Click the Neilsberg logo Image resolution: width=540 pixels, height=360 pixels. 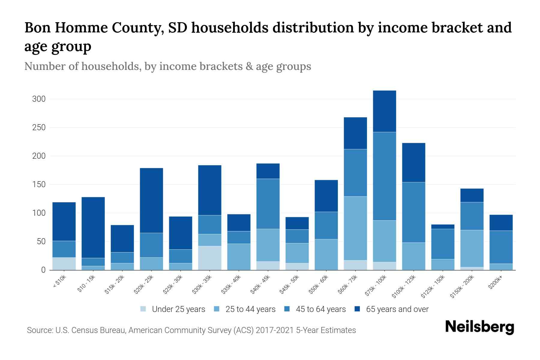(479, 327)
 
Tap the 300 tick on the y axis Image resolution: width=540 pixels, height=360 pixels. (39, 99)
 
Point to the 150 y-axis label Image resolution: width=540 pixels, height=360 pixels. (39, 184)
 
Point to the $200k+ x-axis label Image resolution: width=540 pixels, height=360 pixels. (496, 283)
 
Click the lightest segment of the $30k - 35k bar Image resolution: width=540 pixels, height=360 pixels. (210, 258)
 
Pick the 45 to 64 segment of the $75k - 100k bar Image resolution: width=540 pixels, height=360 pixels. (384, 176)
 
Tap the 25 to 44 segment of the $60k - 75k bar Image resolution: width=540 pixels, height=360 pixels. (355, 228)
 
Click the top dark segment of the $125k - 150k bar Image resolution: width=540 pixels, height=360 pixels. (442, 226)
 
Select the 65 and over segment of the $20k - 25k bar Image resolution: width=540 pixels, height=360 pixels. (151, 200)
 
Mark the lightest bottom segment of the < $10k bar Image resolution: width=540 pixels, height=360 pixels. (64, 264)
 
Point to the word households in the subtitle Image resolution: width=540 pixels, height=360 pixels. (110, 66)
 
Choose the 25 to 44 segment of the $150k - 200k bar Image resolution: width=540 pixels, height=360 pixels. (472, 248)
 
